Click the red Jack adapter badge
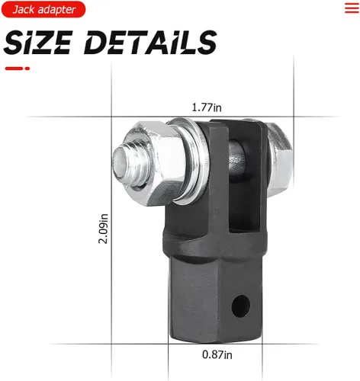[43, 9]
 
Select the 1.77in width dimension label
[207, 107]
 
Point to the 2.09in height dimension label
[103, 228]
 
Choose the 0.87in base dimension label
[217, 353]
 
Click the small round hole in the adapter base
[242, 306]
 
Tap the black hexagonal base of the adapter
[206, 305]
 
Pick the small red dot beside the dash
[27, 69]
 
